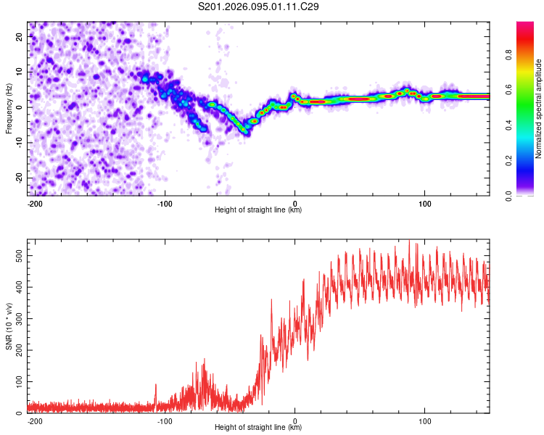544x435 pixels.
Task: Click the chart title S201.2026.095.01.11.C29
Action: [x=259, y=7]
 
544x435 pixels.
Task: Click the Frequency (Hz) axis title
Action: [x=9, y=109]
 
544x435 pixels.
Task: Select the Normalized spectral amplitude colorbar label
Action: [x=539, y=109]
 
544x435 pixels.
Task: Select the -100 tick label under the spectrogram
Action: [x=165, y=203]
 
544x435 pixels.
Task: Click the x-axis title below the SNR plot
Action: [x=258, y=428]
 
